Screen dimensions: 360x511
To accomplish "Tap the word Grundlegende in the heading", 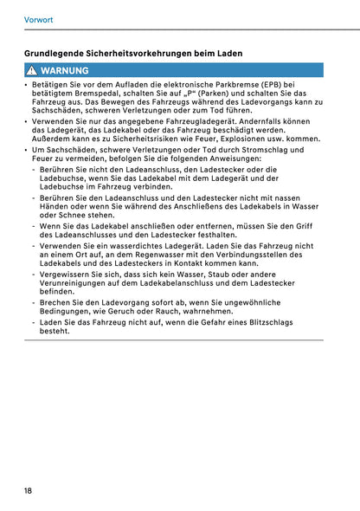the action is [58, 53].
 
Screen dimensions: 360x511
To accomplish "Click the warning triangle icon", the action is [31, 70].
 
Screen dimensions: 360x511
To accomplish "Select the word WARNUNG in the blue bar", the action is [64, 70].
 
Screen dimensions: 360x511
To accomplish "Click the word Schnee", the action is [74, 215].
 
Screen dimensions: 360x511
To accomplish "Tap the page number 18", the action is [29, 490].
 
